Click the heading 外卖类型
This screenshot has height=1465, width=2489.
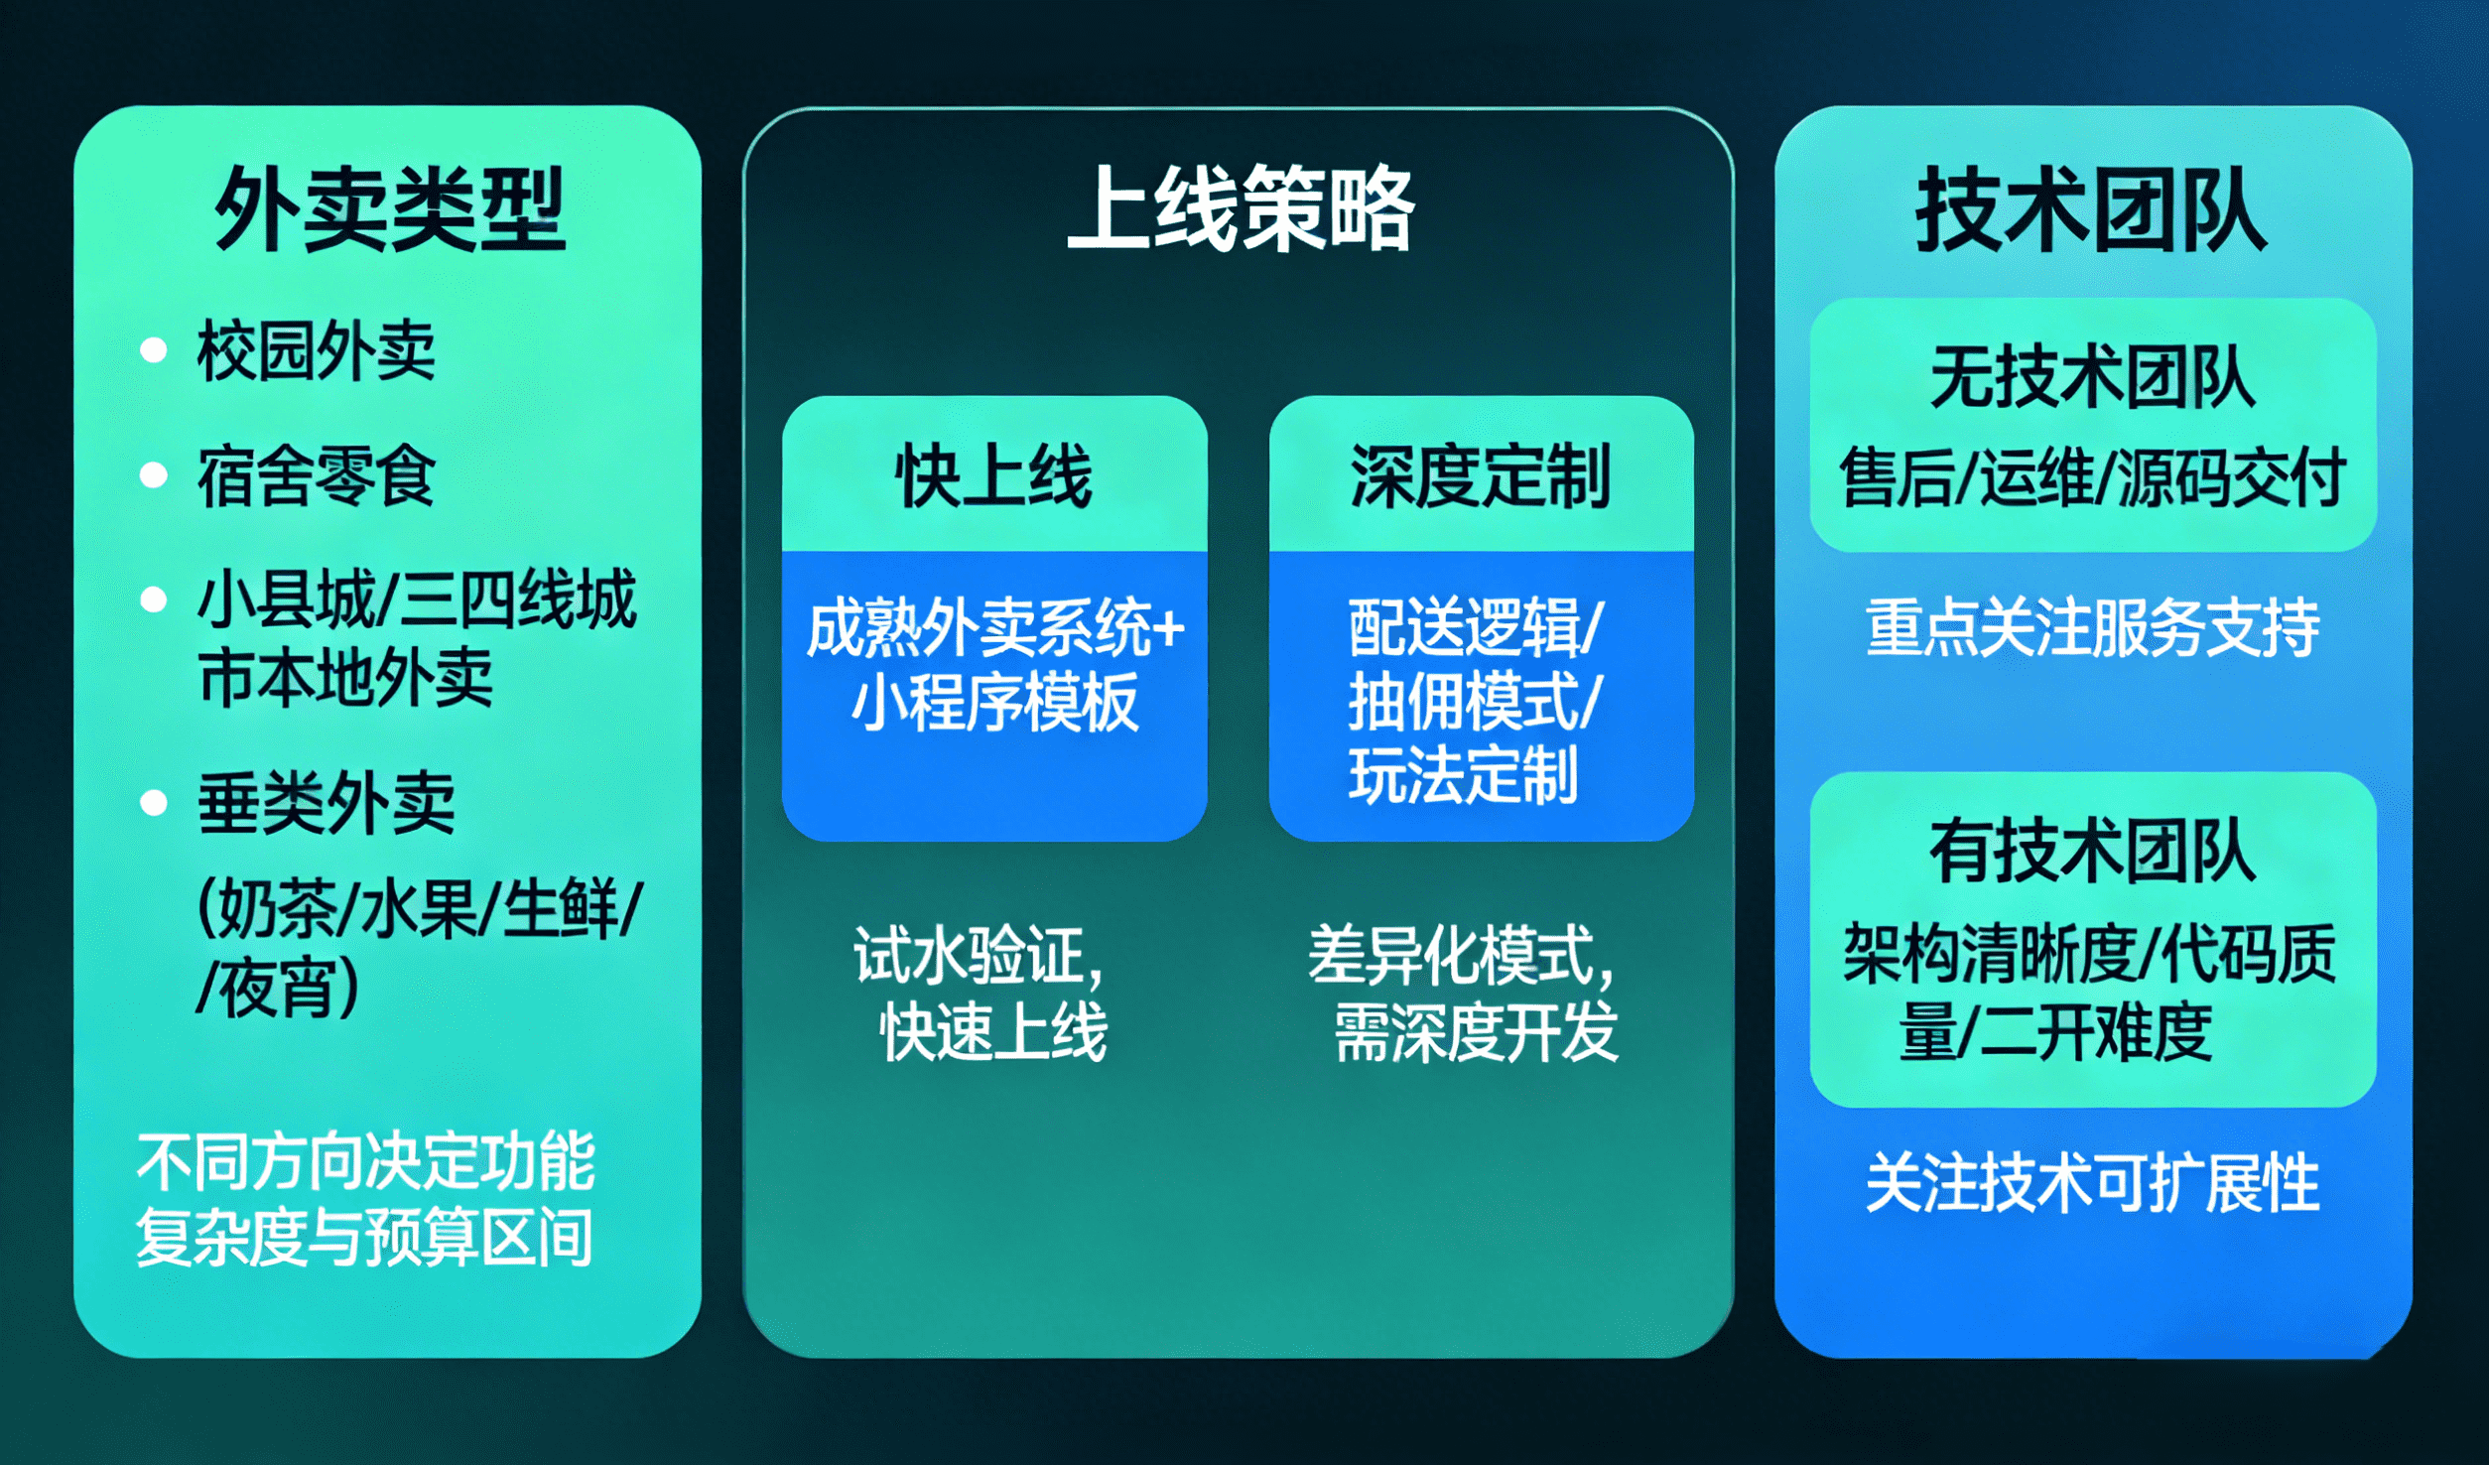tap(390, 208)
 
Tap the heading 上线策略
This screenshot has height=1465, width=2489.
tap(1241, 208)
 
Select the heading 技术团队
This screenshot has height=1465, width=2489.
tap(2091, 208)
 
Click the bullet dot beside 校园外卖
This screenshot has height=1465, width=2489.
tap(154, 350)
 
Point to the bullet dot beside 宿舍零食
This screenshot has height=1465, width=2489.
tap(154, 475)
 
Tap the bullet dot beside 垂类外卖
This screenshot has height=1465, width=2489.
tap(154, 802)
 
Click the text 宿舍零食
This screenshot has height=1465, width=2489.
tap(317, 476)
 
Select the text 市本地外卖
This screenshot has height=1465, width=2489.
tap(345, 679)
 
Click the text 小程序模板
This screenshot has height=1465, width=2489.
tap(994, 702)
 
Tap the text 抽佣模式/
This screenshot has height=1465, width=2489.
tap(1475, 702)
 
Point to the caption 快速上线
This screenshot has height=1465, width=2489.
tap(994, 1032)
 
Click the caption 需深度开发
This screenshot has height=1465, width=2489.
tap(1477, 1032)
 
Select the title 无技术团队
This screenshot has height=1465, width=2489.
tap(2092, 378)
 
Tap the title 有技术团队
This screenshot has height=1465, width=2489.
tap(2092, 852)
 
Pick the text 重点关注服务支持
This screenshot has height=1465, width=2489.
tap(2092, 628)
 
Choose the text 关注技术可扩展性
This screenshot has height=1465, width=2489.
tap(2092, 1183)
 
